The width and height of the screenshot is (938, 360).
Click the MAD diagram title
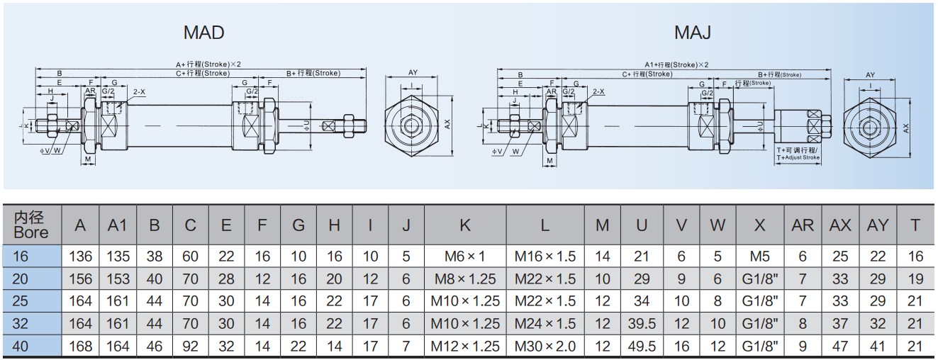[203, 33]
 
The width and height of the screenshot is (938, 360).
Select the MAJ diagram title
[692, 33]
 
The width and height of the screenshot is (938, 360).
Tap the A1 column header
[117, 225]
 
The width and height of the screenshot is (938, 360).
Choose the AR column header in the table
[803, 225]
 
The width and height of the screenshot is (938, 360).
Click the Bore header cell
[32, 225]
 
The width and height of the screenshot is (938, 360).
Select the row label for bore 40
[32, 347]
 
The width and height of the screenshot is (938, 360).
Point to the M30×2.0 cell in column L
[545, 347]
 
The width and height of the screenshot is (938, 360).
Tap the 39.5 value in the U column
[642, 324]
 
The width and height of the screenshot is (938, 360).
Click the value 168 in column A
[80, 347]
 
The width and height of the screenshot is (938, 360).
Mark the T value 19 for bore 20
[915, 279]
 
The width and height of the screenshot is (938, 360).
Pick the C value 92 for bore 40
[190, 347]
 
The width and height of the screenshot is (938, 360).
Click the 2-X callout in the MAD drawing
[139, 92]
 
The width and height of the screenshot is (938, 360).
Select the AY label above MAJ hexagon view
[870, 75]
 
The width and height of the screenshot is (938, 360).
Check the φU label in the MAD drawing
[306, 124]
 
